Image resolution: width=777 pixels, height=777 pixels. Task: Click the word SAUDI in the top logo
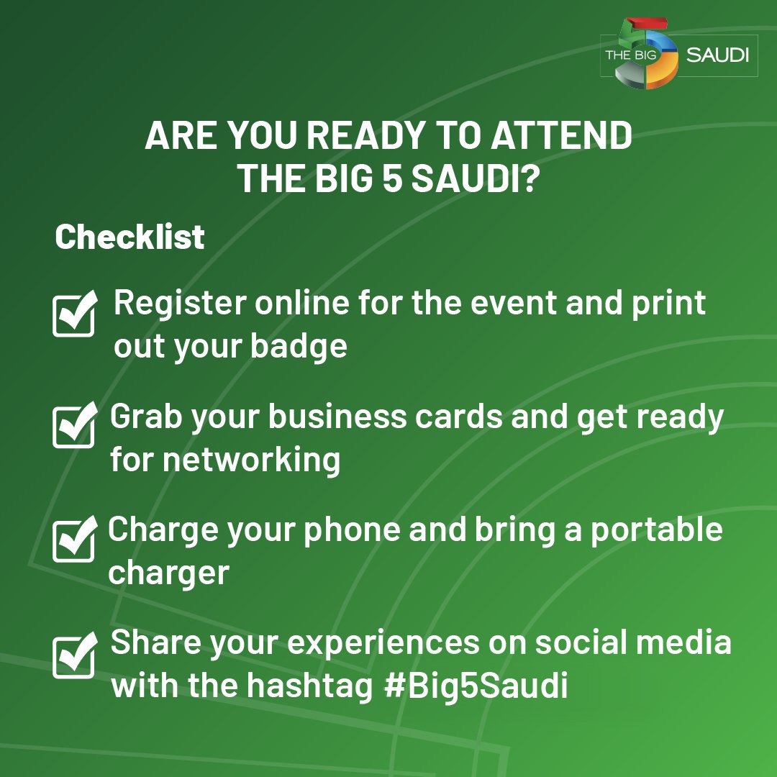click(717, 55)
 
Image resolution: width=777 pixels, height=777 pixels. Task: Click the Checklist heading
click(129, 237)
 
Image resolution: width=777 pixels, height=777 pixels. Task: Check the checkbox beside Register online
click(74, 314)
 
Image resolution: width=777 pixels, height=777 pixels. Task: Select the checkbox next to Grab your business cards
click(74, 425)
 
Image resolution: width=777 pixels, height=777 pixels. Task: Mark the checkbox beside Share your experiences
click(74, 655)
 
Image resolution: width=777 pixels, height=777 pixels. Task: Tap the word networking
click(251, 460)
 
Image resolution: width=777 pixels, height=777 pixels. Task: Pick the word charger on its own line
click(168, 573)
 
